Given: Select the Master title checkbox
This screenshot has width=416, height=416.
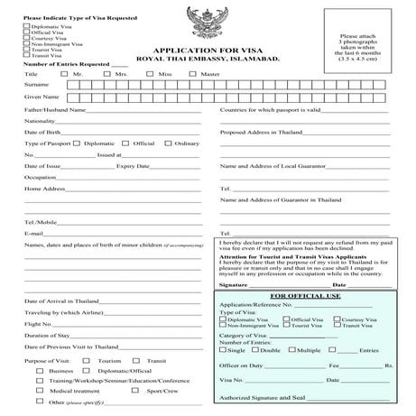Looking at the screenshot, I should tap(192, 74).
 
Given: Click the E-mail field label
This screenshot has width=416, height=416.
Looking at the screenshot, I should tap(33, 233).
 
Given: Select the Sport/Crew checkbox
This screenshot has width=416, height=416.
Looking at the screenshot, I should tap(140, 392).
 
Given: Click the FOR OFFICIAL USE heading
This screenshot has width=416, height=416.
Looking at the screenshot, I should tap(304, 296).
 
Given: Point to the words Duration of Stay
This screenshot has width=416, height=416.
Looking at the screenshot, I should tap(47, 335).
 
